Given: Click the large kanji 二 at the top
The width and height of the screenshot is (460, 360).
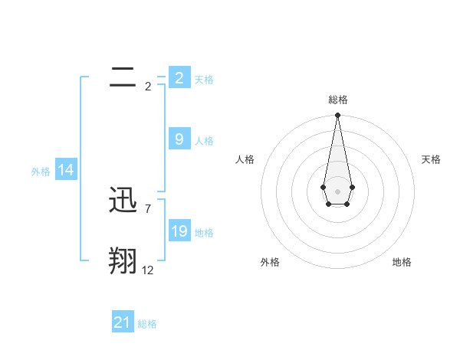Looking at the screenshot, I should tap(123, 77).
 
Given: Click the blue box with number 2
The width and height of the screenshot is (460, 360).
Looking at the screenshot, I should tap(179, 77).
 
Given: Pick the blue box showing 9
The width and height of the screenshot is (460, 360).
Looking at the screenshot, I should tap(179, 139).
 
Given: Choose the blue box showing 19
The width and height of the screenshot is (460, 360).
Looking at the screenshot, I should tap(179, 231).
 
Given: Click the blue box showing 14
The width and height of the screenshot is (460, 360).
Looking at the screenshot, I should tap(66, 170).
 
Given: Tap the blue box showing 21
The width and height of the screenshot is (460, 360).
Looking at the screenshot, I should tap(122, 322).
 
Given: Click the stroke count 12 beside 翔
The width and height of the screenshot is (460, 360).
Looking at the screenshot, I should tap(148, 270).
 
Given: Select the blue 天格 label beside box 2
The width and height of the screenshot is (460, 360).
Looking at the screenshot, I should tap(204, 80).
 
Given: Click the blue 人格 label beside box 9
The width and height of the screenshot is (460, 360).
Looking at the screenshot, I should tap(204, 141).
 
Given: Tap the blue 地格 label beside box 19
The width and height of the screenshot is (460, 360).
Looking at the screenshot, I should tap(204, 233).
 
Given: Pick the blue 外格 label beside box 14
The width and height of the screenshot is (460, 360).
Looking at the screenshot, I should tap(41, 172).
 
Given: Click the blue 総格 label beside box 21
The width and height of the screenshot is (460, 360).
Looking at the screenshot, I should tap(147, 325).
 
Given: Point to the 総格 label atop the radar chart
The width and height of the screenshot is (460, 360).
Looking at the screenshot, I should tap(338, 100).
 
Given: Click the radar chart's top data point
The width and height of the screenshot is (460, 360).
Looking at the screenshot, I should tap(337, 116).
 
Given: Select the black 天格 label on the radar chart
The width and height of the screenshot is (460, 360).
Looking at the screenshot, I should tap(432, 159).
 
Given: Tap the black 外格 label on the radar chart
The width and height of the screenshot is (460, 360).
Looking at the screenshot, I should tap(270, 262).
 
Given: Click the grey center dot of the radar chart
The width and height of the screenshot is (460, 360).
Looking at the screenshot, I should tap(337, 191).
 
